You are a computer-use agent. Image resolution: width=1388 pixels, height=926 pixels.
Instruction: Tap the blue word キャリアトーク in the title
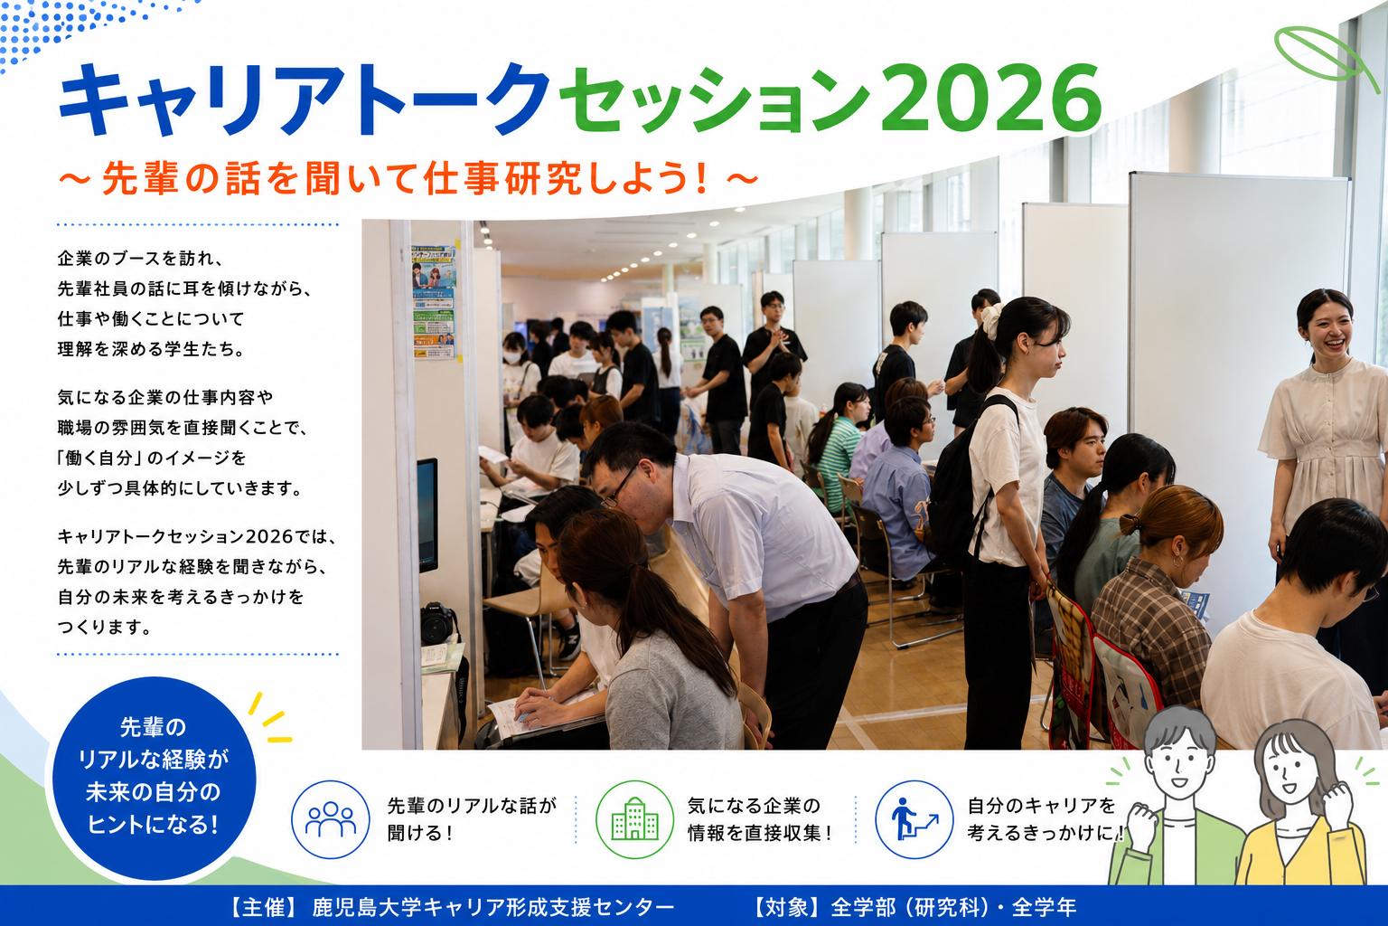[x=305, y=99]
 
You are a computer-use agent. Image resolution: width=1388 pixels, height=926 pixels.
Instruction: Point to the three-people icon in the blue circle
[x=330, y=819]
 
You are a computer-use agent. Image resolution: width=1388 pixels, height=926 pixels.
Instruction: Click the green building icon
[x=634, y=819]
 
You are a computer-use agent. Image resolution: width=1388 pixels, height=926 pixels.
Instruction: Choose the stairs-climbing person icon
[x=914, y=819]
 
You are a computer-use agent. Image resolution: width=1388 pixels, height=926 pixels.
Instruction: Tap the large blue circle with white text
[x=154, y=779]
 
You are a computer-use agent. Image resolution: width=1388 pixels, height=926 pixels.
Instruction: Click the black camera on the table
[x=439, y=623]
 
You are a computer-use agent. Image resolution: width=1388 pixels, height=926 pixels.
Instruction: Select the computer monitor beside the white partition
[x=427, y=515]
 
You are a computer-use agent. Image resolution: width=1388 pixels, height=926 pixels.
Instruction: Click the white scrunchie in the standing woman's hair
[x=990, y=321]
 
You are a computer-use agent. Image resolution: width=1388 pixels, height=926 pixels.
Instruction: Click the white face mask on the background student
[x=511, y=357]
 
